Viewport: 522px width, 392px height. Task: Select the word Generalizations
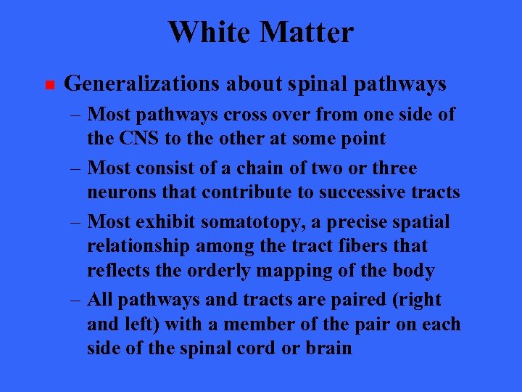[142, 85]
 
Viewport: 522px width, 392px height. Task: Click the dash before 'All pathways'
[78, 300]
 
